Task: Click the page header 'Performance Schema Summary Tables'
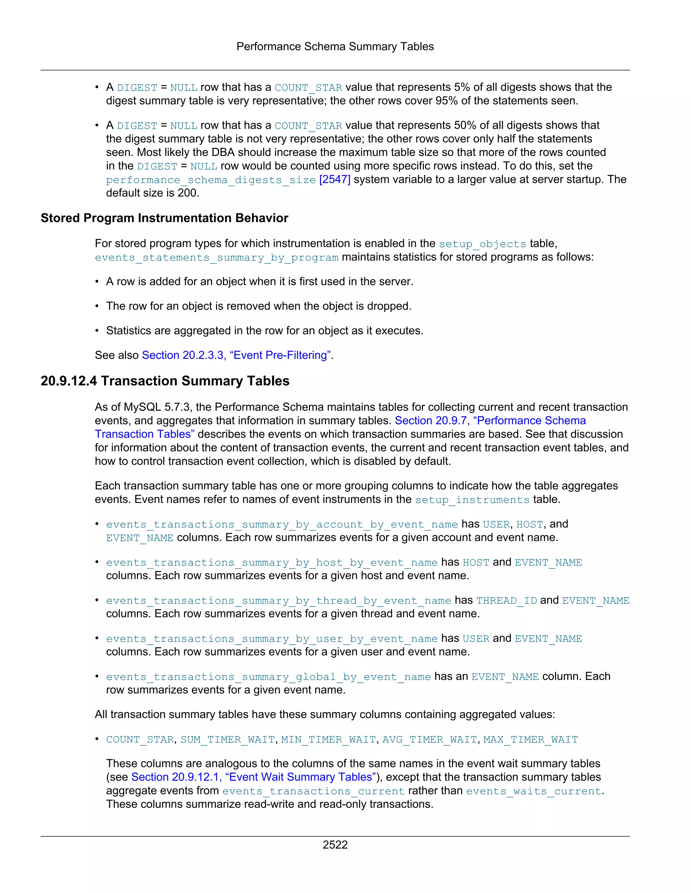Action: (335, 47)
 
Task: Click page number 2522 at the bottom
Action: (335, 845)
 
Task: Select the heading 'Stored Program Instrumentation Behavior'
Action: (164, 218)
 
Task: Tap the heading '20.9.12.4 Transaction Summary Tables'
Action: (165, 381)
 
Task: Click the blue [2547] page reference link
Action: (334, 180)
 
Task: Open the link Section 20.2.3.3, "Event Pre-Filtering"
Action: (236, 355)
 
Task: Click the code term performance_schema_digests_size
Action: (211, 180)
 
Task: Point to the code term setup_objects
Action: (482, 244)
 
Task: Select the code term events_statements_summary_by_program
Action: (217, 257)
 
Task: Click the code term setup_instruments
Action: (472, 500)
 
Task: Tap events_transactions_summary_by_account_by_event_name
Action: (282, 524)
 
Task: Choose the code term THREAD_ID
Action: (506, 600)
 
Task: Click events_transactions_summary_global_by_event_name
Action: (268, 677)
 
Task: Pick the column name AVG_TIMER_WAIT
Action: (430, 740)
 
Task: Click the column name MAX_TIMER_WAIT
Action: (530, 740)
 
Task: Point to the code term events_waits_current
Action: (533, 791)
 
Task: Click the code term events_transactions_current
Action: (313, 791)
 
